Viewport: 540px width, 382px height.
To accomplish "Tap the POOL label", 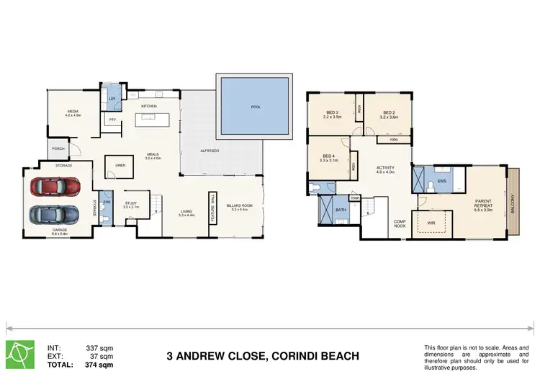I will click(256, 107).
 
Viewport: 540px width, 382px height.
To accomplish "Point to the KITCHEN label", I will click(149, 107).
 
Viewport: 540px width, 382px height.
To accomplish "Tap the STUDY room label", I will click(130, 205).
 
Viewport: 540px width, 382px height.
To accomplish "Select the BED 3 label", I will click(332, 114).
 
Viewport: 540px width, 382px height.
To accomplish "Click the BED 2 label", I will click(389, 114).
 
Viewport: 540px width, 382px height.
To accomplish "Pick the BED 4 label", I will click(329, 158).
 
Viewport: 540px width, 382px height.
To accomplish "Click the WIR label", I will click(431, 223).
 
